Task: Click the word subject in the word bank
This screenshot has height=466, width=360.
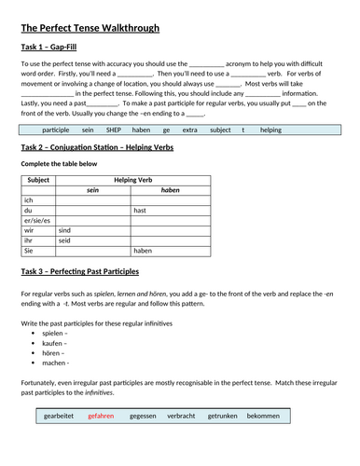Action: [x=220, y=130]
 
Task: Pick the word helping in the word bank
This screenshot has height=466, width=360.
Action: [x=270, y=130]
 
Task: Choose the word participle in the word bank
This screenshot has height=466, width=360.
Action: [x=56, y=130]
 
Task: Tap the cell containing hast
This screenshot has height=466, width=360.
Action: [x=139, y=210]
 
